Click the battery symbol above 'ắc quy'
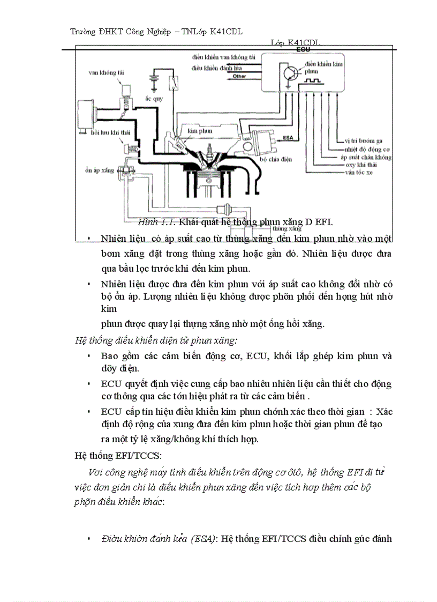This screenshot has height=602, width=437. (x=155, y=80)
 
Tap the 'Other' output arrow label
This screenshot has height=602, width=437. (x=239, y=77)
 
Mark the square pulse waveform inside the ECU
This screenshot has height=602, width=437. (x=312, y=81)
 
